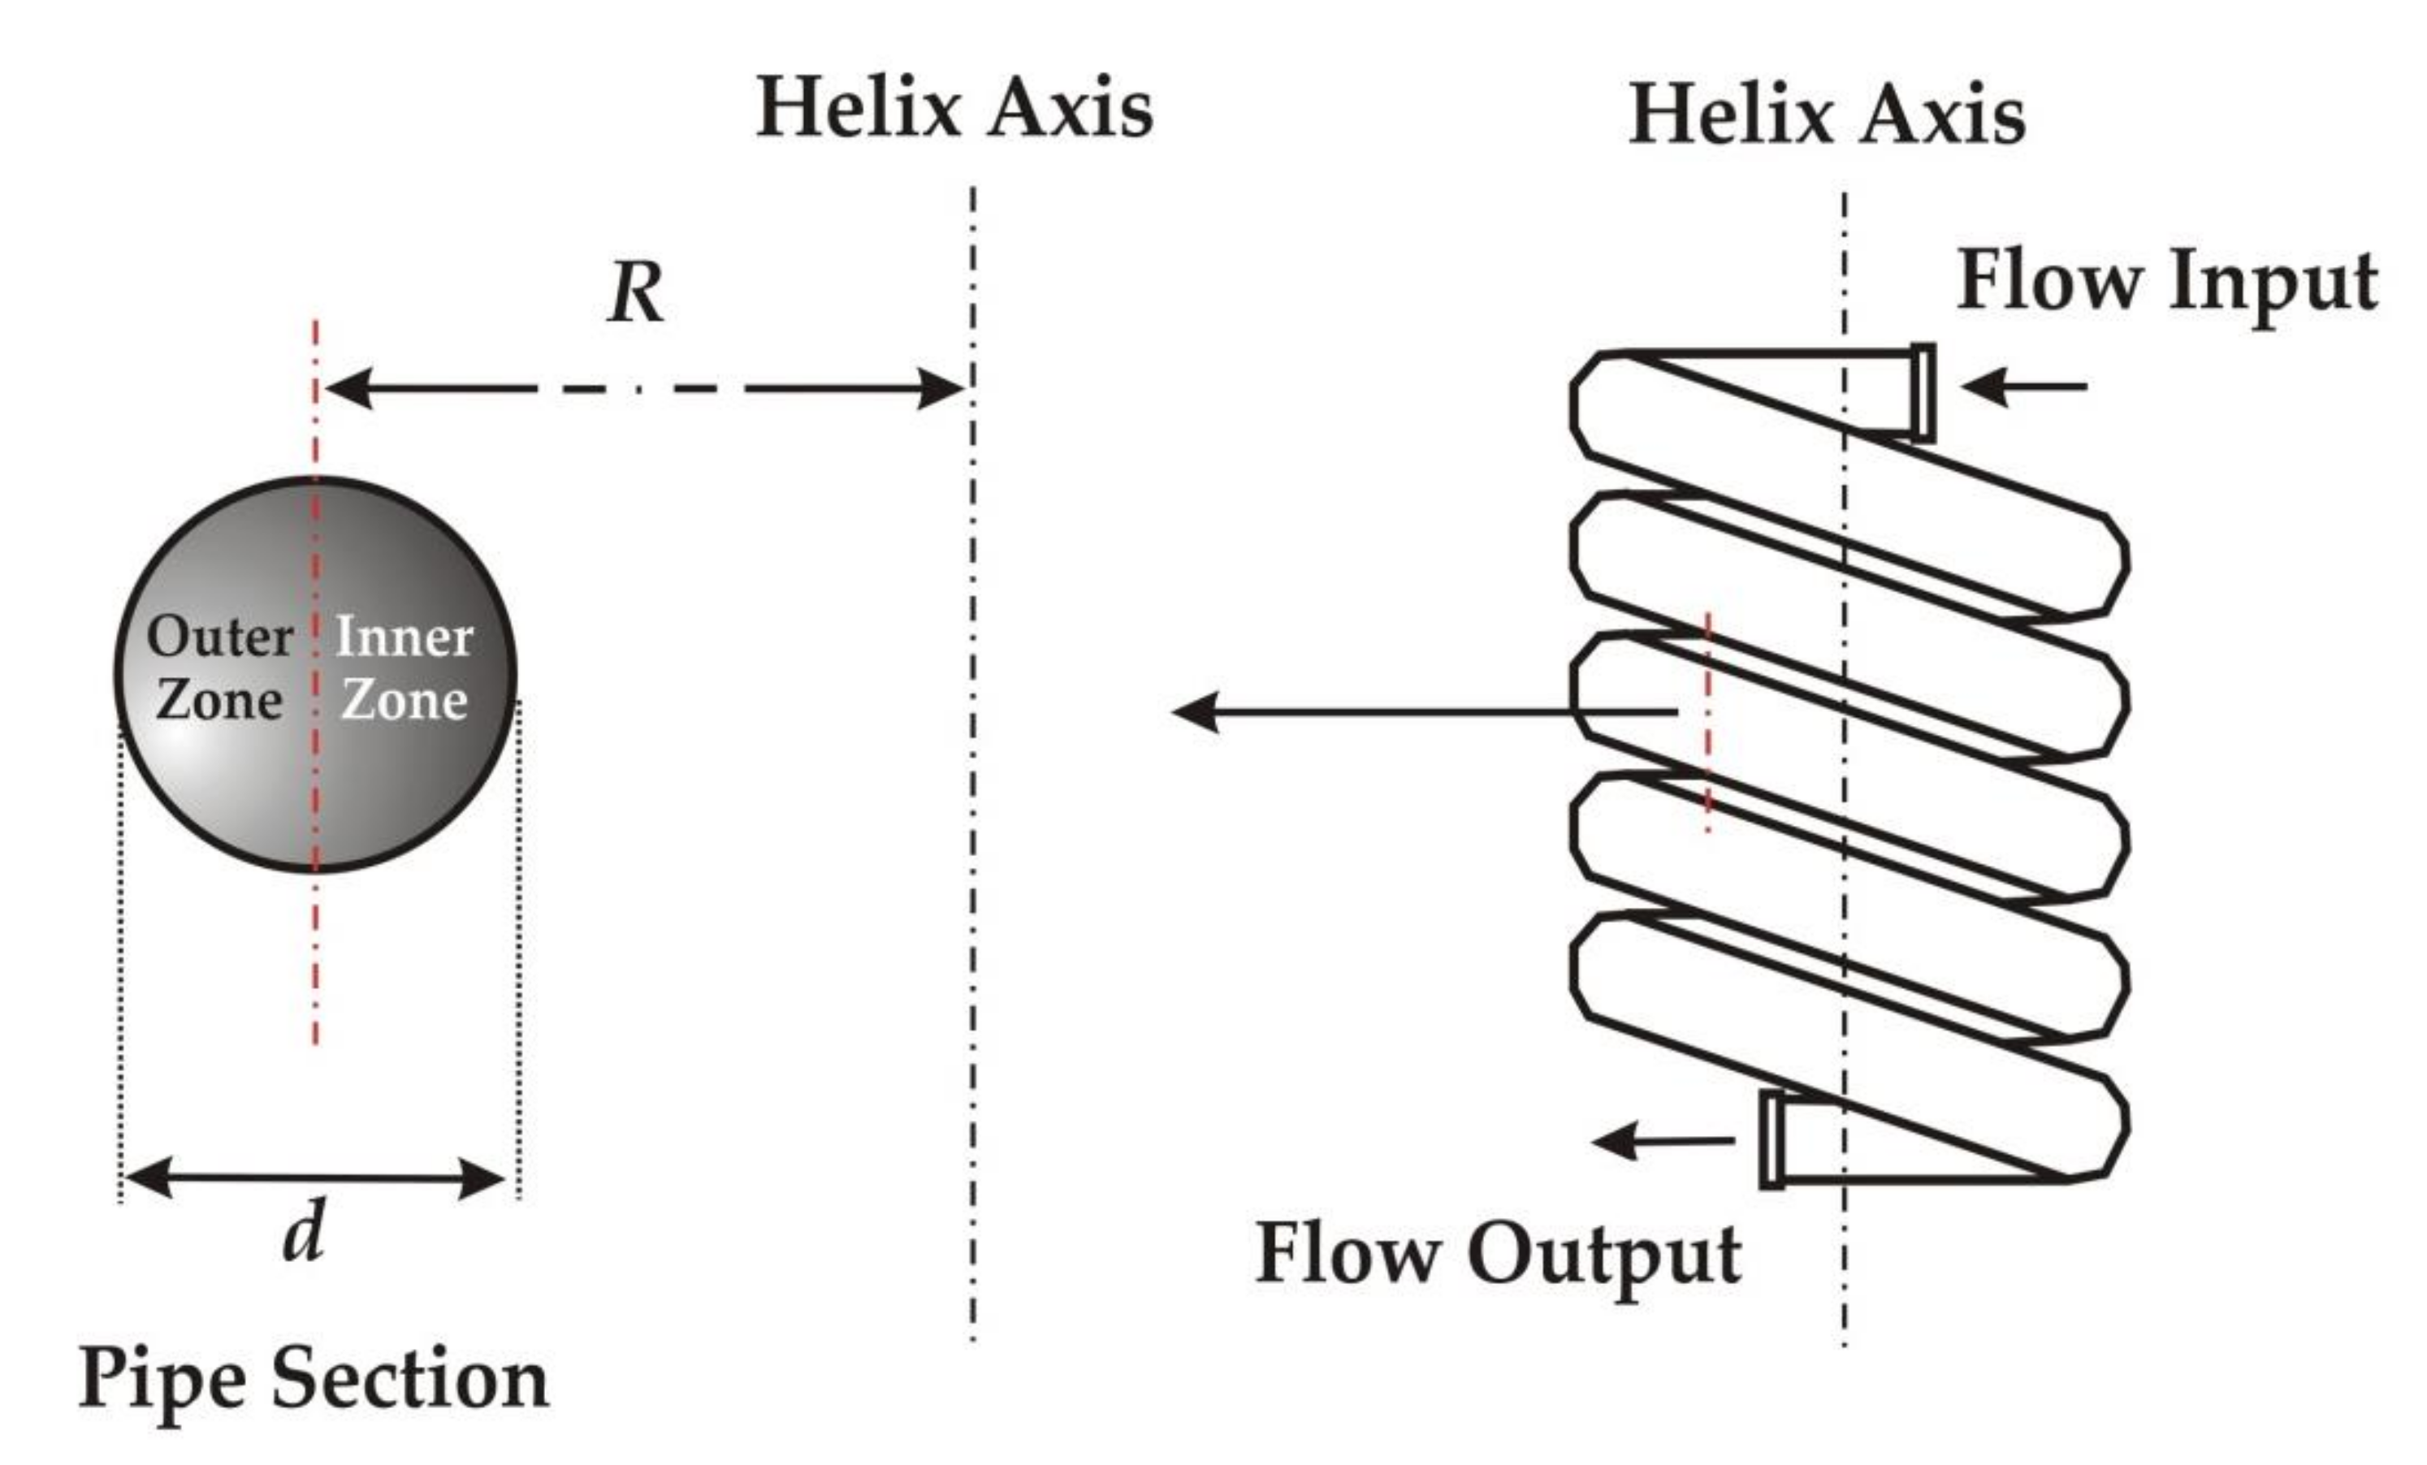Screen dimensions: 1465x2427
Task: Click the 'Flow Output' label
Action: click(x=1497, y=1255)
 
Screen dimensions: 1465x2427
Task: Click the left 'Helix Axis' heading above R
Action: click(x=954, y=108)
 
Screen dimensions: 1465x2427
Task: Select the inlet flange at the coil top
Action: click(x=1923, y=392)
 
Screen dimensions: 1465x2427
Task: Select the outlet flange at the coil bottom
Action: click(x=1771, y=1139)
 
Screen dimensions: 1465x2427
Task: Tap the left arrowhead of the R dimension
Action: click(x=347, y=388)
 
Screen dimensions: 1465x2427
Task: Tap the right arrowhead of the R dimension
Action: click(x=941, y=388)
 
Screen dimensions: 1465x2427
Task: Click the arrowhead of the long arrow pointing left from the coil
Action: click(x=1194, y=711)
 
